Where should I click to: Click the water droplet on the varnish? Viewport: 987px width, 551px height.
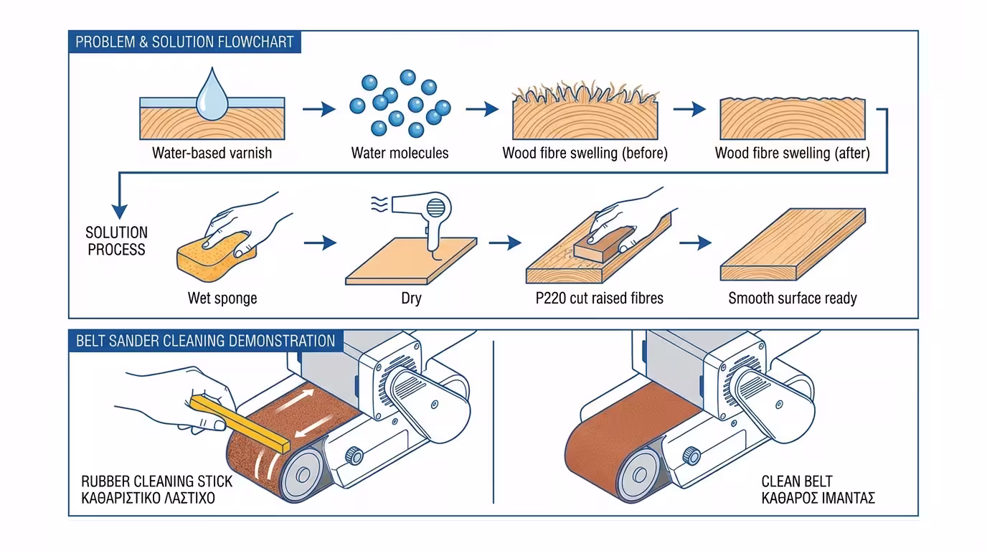point(212,95)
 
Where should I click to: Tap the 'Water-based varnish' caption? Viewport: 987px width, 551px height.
point(212,153)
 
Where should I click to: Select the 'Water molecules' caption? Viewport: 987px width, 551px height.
point(400,153)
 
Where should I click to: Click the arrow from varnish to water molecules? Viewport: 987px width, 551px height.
point(318,110)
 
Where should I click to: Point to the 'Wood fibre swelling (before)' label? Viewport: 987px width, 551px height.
point(585,153)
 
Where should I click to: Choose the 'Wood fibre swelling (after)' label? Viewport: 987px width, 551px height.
point(792,153)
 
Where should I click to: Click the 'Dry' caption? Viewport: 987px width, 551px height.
point(411,298)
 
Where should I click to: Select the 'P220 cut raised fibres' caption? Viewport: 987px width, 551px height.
point(599,298)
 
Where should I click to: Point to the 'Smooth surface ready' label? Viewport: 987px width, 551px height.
point(793,298)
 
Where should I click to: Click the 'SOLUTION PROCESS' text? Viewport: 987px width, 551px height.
point(116,241)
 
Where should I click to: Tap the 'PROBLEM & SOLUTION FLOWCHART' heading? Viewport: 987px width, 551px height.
point(184,42)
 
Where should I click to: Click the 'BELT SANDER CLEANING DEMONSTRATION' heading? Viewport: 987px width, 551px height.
point(205,341)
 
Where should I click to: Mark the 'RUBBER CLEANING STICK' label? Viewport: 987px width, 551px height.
point(156,481)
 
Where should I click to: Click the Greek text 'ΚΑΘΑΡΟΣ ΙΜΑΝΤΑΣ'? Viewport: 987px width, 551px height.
point(818,497)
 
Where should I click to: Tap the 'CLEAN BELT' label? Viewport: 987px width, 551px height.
point(796,481)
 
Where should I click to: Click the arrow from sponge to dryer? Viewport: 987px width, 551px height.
point(320,243)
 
